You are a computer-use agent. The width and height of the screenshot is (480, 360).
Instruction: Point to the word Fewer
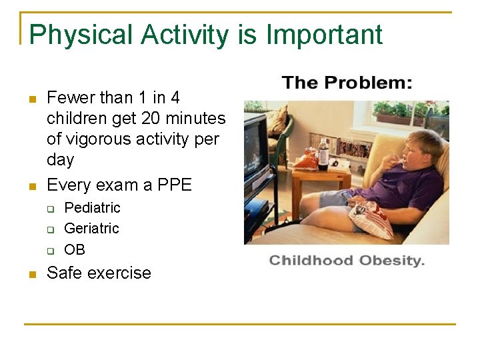click(71, 98)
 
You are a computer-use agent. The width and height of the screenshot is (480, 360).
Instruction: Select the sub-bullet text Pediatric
click(92, 207)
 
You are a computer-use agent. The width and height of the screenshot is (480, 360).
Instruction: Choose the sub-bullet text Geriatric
click(91, 229)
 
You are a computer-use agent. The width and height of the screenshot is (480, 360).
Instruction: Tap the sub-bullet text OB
click(75, 249)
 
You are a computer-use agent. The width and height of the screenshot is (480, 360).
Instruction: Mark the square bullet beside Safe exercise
click(31, 274)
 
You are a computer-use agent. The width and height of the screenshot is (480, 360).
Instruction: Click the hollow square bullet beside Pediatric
click(50, 208)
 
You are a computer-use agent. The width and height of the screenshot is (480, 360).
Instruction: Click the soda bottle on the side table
click(323, 153)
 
